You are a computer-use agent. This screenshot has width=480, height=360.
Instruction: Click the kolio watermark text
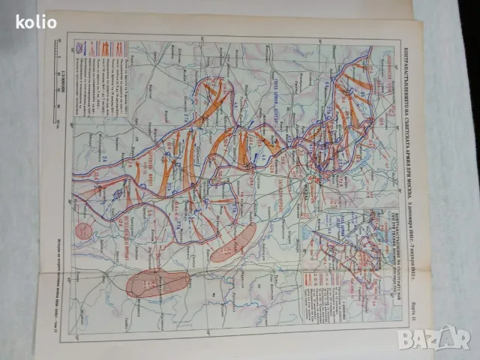pos(36,22)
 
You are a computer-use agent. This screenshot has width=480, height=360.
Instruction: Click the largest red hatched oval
pos(157,283)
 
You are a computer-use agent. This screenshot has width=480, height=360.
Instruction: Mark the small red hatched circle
pos(85,230)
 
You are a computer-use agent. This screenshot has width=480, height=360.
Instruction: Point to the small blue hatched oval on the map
pos(118,193)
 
